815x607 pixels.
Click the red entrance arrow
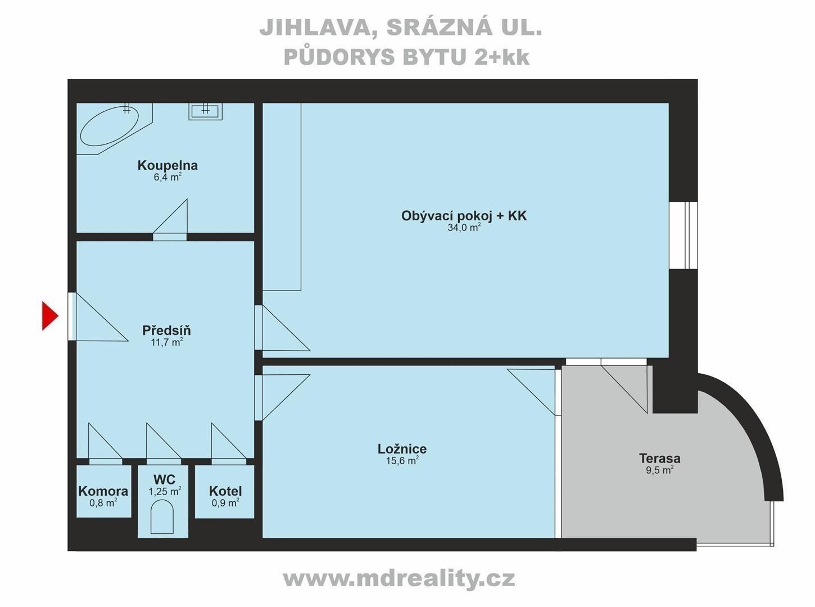50,315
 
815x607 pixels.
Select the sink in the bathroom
205,111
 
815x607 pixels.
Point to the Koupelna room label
167,165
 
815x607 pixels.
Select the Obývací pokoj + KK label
464,216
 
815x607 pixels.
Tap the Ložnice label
402,449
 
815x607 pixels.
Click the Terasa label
659,457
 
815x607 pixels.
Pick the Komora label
103,491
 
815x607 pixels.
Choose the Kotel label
225,491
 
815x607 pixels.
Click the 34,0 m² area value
464,228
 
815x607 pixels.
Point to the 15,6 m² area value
401,460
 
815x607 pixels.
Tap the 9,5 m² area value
659,470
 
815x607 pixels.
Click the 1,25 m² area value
164,491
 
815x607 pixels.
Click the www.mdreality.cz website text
399,578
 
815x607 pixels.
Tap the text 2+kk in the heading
501,57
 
